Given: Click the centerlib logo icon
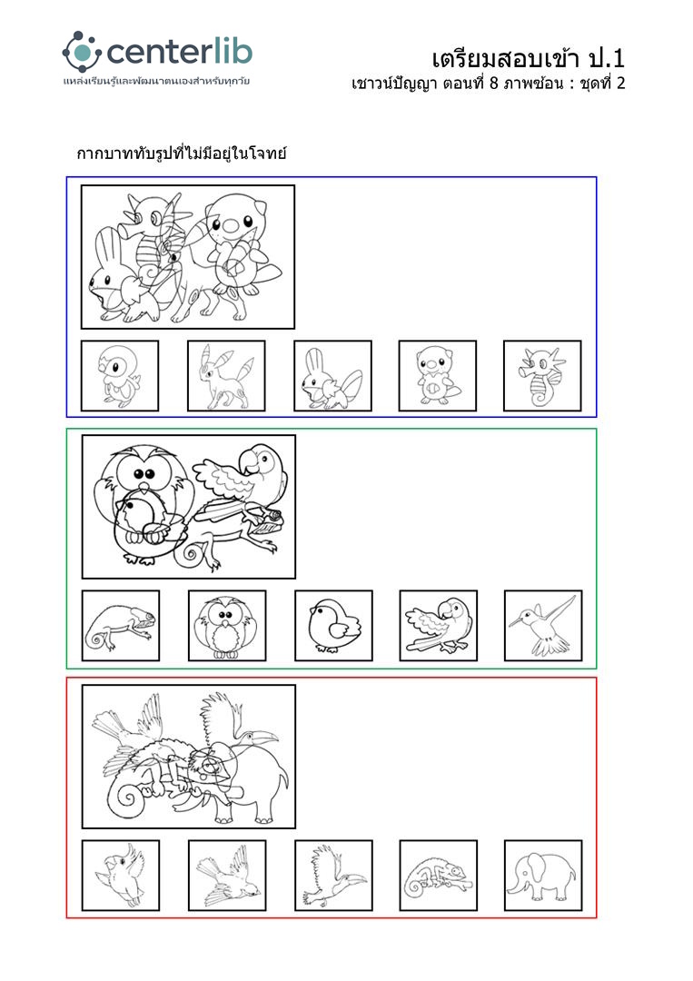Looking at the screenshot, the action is [x=82, y=52].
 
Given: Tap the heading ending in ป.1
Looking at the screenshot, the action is [x=528, y=59].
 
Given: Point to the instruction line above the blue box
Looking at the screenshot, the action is [x=182, y=153].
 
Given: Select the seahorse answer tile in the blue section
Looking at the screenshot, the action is [x=542, y=375].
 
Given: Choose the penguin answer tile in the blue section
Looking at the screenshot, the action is [x=120, y=375].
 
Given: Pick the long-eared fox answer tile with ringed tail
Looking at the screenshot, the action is [x=226, y=375].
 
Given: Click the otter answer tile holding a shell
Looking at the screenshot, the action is [x=437, y=375].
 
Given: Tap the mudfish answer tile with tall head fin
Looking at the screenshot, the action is [x=332, y=375].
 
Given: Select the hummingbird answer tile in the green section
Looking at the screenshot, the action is [x=543, y=626].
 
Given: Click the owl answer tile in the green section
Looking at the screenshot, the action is [x=227, y=626].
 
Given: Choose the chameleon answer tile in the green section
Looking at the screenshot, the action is [x=121, y=626].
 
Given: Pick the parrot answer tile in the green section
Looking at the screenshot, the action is [x=439, y=626].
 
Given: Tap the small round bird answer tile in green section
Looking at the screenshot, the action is [x=333, y=626].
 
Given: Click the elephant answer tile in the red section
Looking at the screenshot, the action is [x=543, y=876].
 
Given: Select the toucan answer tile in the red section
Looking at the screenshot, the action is [x=333, y=876].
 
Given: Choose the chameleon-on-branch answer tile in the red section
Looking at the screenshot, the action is [x=439, y=876].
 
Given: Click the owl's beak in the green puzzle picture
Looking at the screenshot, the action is [x=144, y=486].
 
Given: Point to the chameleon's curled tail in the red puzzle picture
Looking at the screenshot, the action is [x=127, y=799].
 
